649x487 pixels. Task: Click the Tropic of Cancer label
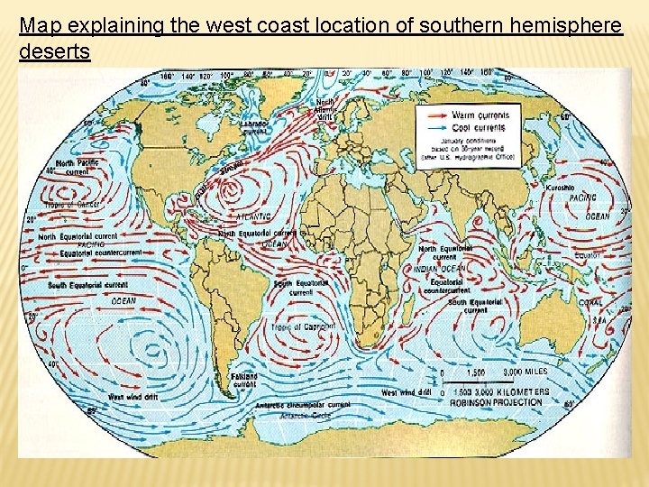pyautogui.click(x=69, y=205)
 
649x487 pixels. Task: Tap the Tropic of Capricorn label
pyautogui.click(x=306, y=326)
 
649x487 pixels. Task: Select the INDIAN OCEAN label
pyautogui.click(x=441, y=269)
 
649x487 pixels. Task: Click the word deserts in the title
pyautogui.click(x=54, y=52)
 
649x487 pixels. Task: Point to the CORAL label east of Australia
pyautogui.click(x=591, y=303)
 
